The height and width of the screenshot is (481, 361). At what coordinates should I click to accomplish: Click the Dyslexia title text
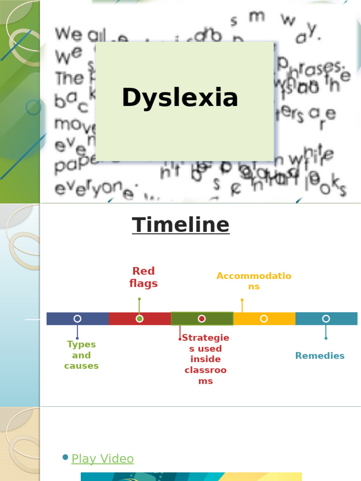point(180,98)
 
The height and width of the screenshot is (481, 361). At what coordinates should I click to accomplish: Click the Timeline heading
point(180,225)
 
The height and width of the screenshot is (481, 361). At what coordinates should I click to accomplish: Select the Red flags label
point(143,277)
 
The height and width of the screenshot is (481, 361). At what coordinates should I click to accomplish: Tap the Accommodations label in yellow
point(254,281)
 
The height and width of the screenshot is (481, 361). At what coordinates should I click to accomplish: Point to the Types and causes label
point(81,355)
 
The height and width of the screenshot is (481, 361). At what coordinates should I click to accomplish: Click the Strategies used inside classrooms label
point(205,359)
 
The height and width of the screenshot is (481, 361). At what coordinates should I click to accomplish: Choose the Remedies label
point(320,356)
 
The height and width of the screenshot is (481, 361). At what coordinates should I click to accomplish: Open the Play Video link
point(102,459)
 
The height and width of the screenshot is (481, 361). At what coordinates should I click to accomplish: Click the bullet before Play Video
point(65,458)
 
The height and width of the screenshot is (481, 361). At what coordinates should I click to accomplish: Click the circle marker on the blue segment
point(78,318)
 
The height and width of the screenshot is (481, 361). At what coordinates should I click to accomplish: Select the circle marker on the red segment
point(140,318)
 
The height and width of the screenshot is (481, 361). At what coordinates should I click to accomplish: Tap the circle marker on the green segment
point(202,318)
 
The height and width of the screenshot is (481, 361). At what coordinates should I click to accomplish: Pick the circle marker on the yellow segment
point(264,318)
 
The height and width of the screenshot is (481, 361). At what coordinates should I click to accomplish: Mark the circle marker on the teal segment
point(326,318)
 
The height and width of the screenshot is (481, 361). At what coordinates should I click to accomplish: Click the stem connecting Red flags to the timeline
point(139,306)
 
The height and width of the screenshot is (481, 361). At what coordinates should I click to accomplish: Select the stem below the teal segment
point(326,332)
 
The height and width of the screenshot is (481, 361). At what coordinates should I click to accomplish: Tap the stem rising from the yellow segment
point(242,306)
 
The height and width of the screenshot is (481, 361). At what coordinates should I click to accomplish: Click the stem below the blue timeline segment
point(77,332)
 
